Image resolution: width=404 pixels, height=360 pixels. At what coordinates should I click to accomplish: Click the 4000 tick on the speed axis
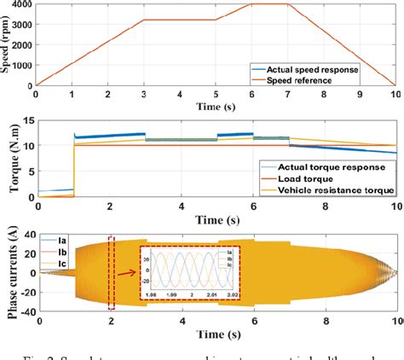(x=17, y=5)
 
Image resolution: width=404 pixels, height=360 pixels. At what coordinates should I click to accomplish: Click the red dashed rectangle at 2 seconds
(x=111, y=273)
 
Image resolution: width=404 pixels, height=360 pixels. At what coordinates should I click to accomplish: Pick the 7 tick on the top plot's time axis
(x=289, y=94)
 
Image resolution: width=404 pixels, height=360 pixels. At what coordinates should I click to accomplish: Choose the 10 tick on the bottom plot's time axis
(x=395, y=322)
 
